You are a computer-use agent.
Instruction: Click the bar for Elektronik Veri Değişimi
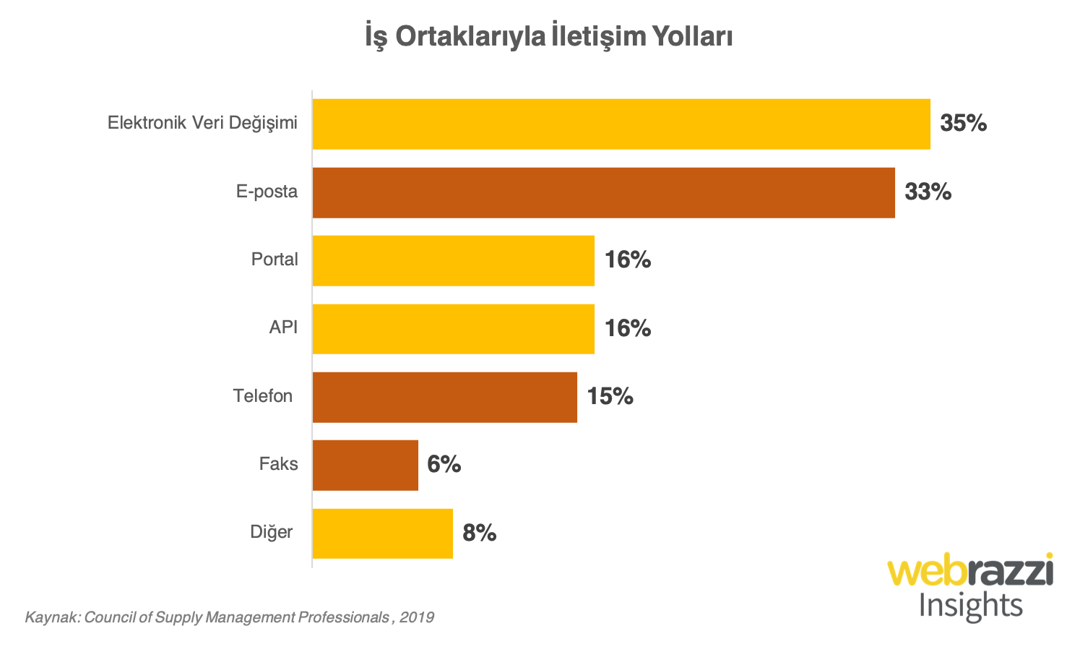coord(621,124)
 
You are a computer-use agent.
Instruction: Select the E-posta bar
coord(603,193)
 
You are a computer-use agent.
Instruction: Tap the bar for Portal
coord(453,261)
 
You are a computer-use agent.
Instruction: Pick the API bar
coord(453,329)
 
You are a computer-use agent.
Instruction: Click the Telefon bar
coord(444,398)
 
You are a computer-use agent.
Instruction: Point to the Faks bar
coord(365,466)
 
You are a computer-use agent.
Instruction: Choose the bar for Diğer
coord(382,534)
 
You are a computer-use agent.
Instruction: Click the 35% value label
coord(963,124)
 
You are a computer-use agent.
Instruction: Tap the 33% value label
coord(928,192)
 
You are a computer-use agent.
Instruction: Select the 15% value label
coord(610,397)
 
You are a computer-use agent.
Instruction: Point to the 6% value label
coord(444,464)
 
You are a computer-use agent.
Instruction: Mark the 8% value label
coord(479,534)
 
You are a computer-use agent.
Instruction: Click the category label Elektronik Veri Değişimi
coord(202,123)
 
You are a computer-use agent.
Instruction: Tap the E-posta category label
coord(267,192)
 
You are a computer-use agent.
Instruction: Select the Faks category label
coord(278,464)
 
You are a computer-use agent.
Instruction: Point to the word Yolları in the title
coord(692,36)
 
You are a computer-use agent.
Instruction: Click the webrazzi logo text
coord(970,572)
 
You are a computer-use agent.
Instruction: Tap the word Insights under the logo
coord(970,606)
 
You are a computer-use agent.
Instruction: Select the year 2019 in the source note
coord(417,617)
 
